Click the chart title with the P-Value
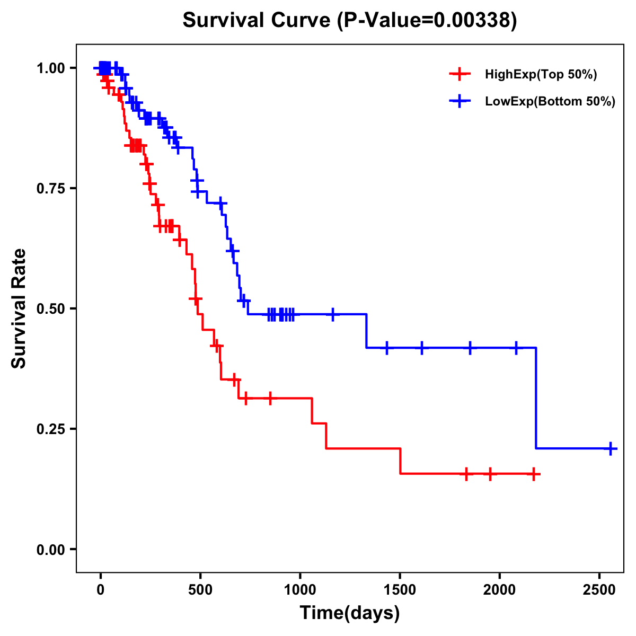pyautogui.click(x=349, y=21)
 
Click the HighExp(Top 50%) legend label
pyautogui.click(x=541, y=75)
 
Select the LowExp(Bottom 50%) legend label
pyautogui.click(x=550, y=102)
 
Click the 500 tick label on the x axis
pyautogui.click(x=200, y=590)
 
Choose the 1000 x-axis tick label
pyautogui.click(x=300, y=590)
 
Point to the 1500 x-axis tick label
pyautogui.click(x=400, y=590)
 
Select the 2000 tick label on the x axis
pyautogui.click(x=500, y=590)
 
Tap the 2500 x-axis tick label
pyautogui.click(x=599, y=590)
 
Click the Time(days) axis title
pyautogui.click(x=349, y=613)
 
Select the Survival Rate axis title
pyautogui.click(x=20, y=308)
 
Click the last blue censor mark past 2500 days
pyautogui.click(x=611, y=448)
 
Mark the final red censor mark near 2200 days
pyautogui.click(x=534, y=474)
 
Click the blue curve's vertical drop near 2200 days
pyautogui.click(x=536, y=397)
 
